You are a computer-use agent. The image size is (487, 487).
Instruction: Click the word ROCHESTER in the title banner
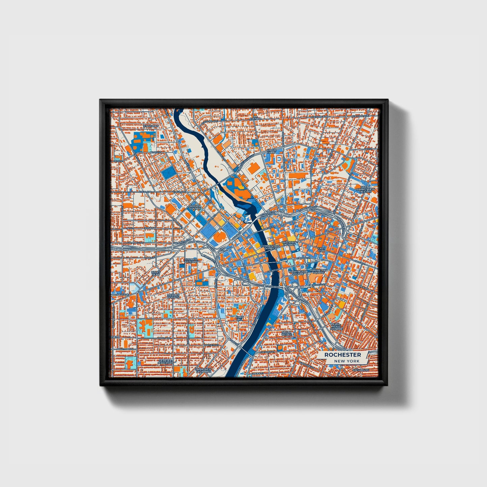point(342,355)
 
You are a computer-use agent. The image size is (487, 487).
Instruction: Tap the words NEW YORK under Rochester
point(347,361)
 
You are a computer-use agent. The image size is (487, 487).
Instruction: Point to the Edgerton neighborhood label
point(151,126)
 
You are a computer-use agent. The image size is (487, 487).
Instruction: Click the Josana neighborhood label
point(150,228)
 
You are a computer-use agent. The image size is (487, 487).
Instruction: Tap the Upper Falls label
point(271,151)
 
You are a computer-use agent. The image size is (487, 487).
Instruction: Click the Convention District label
point(270,247)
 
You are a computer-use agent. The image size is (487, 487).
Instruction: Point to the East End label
point(322,250)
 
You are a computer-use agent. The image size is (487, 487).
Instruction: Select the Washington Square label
point(298,273)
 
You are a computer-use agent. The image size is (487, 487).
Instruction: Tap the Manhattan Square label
point(318,271)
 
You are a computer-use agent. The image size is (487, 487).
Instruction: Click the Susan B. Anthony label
point(191,260)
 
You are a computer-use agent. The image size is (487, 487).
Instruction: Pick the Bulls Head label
point(156,273)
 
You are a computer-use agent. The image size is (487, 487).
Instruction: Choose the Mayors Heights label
point(173,296)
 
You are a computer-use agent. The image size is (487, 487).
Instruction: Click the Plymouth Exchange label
point(204,370)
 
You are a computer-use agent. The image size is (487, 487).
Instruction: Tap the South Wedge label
point(286,333)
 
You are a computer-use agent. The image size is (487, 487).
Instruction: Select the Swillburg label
point(361,370)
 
